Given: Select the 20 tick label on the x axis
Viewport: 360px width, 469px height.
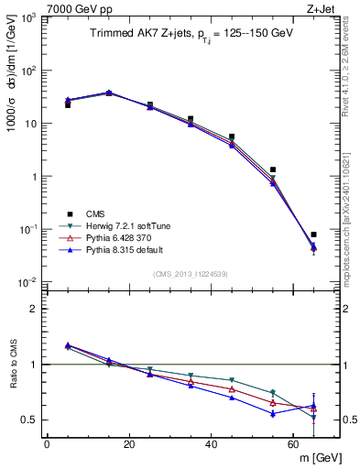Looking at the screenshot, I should pos(129,444).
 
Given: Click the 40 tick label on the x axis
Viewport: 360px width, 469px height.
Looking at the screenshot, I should pos(212,444).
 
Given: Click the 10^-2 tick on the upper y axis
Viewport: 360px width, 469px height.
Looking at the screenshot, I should pos(28,281).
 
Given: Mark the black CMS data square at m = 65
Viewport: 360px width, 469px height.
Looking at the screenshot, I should pos(313,234).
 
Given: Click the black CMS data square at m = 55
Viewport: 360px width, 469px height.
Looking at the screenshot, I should pos(273,169).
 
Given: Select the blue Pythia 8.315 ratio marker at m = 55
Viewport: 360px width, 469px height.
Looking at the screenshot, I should pos(273,413).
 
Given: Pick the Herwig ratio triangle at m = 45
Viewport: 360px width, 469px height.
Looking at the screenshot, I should pos(232,380).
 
